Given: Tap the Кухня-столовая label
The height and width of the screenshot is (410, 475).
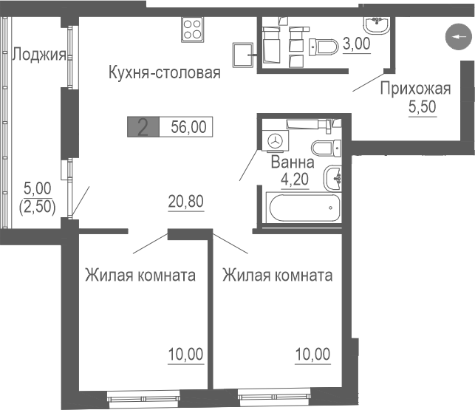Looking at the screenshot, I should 165,72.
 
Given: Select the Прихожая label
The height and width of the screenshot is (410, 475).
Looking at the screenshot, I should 414,90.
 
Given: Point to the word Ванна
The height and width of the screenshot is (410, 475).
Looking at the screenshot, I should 293,162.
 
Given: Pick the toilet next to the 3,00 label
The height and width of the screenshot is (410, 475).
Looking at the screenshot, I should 324,47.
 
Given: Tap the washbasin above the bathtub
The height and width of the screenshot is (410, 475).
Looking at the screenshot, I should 335,176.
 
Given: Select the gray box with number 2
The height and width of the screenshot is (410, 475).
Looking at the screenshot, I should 143,126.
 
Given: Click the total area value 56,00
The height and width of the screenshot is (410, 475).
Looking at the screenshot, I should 188,126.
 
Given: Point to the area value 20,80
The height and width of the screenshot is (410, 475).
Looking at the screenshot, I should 185,199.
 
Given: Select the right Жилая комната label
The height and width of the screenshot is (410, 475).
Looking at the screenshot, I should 278,276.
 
